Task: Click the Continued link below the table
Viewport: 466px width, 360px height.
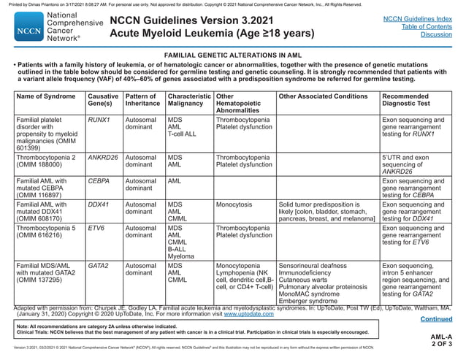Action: [x=436, y=318]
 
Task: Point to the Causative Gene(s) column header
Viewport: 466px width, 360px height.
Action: [x=103, y=101]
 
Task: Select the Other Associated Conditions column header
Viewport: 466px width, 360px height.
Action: [x=323, y=96]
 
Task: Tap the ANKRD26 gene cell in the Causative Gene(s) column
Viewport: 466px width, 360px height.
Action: [x=103, y=157]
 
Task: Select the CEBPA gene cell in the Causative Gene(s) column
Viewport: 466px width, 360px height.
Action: [x=99, y=180]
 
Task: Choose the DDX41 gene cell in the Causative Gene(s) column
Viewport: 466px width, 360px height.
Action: [x=99, y=204]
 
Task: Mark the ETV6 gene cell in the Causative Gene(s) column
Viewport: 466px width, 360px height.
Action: [x=96, y=228]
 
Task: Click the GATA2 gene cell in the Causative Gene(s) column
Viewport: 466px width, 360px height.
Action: [x=99, y=267]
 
